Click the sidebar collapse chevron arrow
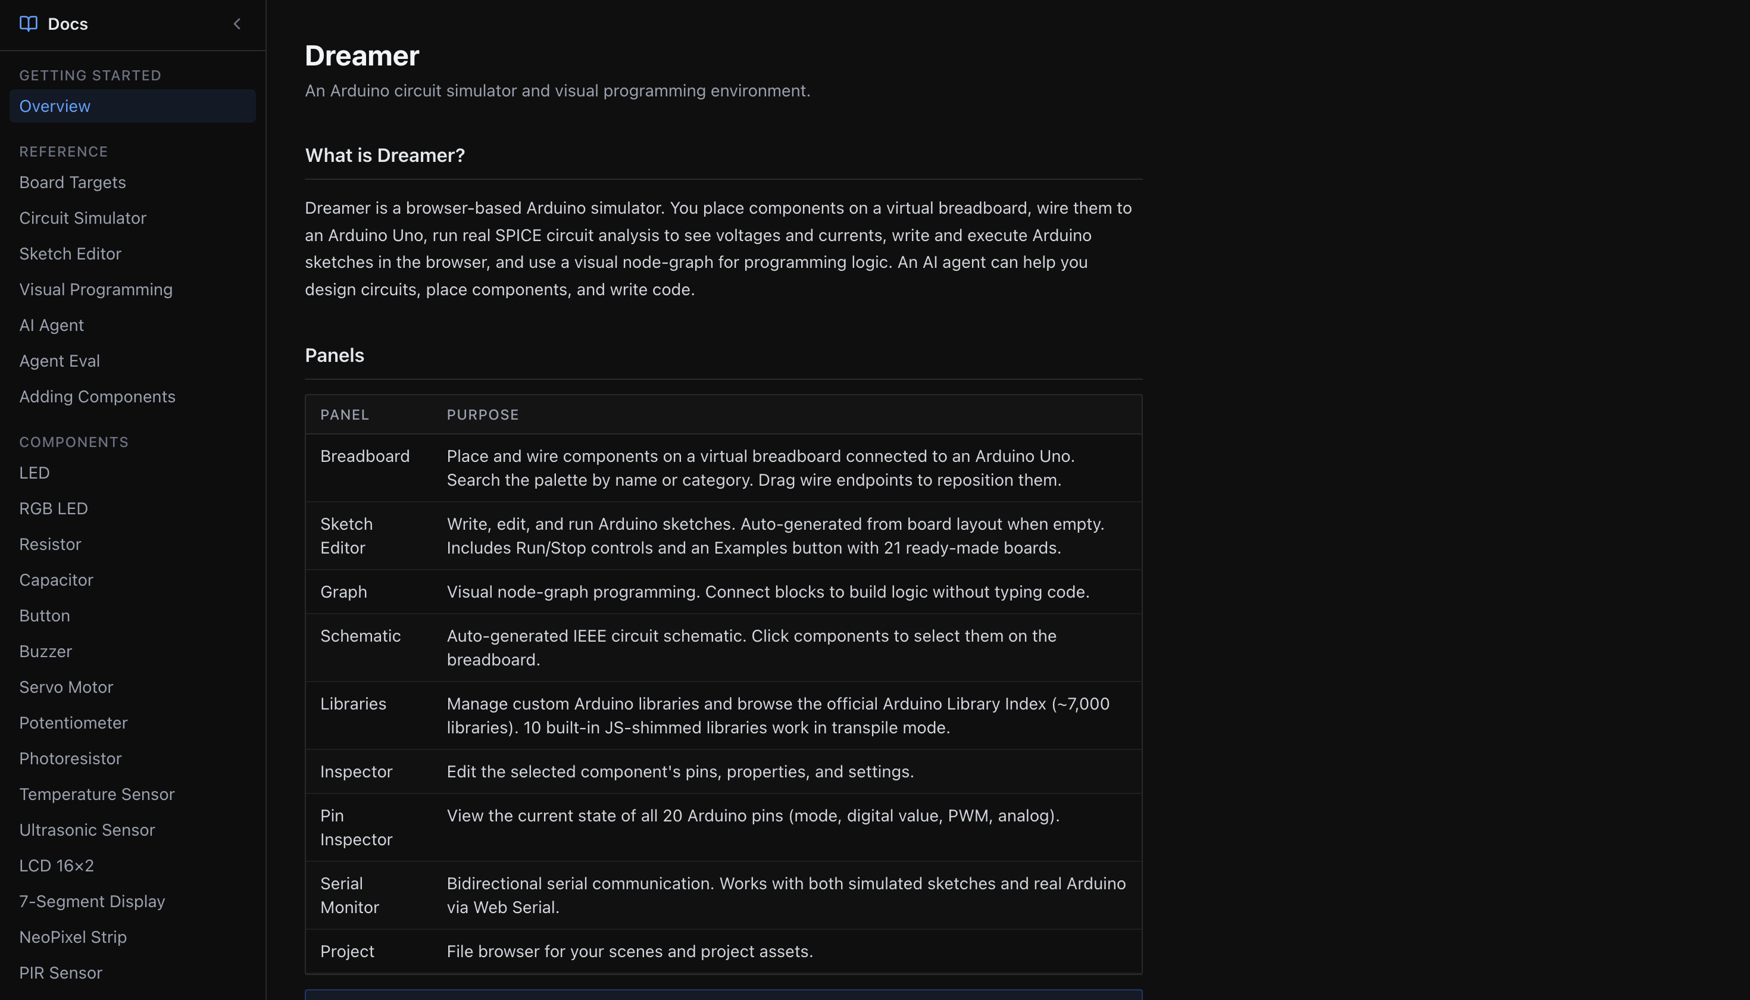[237, 24]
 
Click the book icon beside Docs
[28, 24]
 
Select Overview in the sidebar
[55, 107]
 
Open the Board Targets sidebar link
[72, 183]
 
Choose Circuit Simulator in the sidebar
[82, 218]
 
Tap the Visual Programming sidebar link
[95, 290]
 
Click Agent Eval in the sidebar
[59, 361]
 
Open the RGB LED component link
[53, 509]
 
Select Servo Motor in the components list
[66, 687]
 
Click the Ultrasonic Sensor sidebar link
[86, 830]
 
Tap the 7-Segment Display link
[92, 902]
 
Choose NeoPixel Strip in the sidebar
[73, 937]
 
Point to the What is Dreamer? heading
[385, 156]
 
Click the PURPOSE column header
[482, 415]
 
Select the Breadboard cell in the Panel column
[365, 457]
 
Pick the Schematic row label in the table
[360, 636]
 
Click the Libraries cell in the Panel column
[353, 704]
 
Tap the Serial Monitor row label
[349, 896]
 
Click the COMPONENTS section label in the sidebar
[73, 442]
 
